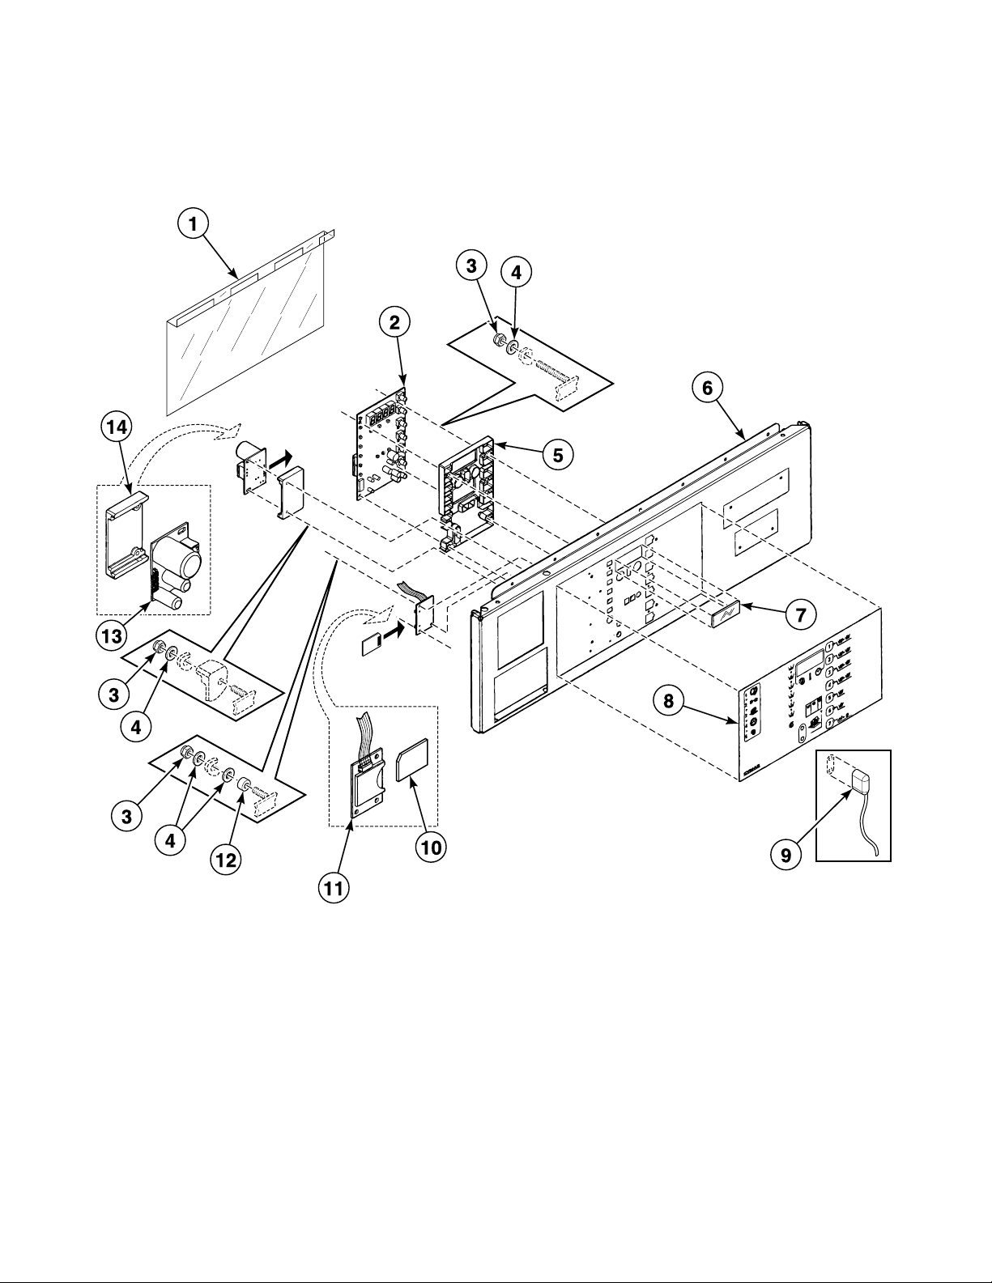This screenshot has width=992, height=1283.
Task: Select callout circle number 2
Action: click(x=394, y=322)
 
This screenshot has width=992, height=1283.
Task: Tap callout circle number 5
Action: click(x=558, y=454)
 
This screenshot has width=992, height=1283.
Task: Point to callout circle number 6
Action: click(x=707, y=389)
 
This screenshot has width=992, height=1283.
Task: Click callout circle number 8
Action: click(x=668, y=702)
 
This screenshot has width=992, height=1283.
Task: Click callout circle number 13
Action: click(x=113, y=636)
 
